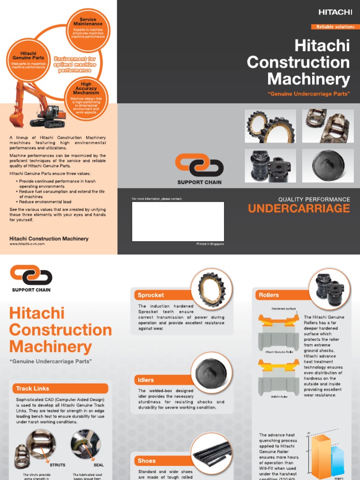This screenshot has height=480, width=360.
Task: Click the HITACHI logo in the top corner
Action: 335,12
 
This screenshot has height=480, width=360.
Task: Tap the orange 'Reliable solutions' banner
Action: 335,27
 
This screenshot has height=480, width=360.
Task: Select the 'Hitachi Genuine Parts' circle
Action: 29,60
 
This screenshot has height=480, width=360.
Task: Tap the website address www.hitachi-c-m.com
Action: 27,244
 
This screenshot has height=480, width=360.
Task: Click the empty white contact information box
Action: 178,221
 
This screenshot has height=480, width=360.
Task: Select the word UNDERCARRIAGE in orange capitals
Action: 299,209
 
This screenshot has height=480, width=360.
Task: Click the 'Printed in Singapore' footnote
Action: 210,244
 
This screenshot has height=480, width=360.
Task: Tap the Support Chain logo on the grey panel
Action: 199,169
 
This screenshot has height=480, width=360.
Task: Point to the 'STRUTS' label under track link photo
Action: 57,465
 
